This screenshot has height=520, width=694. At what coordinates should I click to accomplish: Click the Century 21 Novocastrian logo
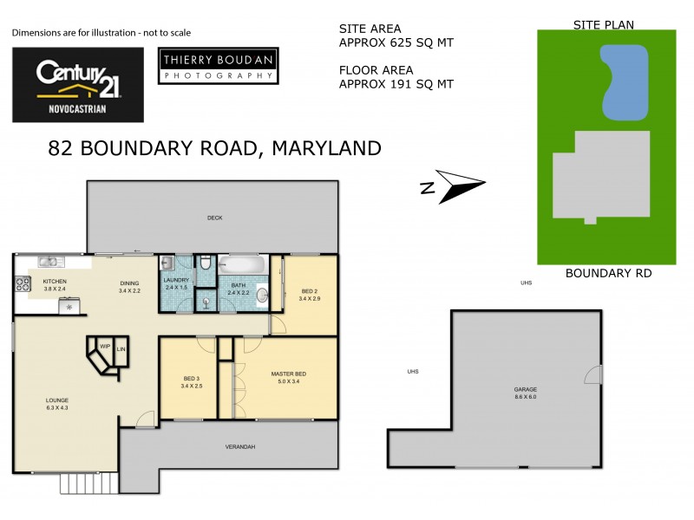[77, 84]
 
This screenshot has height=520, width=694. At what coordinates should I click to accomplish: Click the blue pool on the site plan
[625, 83]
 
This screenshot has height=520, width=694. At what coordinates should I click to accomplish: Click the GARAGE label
[526, 390]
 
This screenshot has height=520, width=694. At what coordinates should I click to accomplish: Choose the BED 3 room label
[193, 378]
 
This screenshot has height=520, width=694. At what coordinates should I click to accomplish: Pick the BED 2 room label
[310, 291]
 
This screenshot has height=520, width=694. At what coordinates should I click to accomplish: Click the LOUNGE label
[57, 400]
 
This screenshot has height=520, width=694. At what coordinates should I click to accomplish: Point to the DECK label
[214, 218]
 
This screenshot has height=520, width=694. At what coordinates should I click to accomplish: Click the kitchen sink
[49, 261]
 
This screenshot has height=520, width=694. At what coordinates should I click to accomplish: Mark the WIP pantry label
[104, 346]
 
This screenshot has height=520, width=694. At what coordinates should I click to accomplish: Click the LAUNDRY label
[176, 280]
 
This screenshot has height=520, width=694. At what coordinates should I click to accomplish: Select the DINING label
[129, 283]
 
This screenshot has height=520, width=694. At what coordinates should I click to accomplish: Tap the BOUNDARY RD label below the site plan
[607, 273]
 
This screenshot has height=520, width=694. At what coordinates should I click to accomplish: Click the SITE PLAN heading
[604, 25]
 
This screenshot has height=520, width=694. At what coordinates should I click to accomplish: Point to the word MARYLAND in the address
[326, 148]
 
